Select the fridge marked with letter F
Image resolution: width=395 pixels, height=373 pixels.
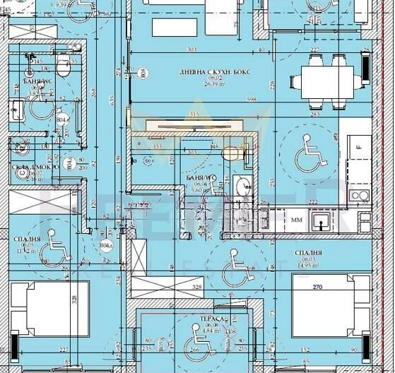tap(361, 149)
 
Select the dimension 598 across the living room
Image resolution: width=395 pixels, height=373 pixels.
tap(252, 100)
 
